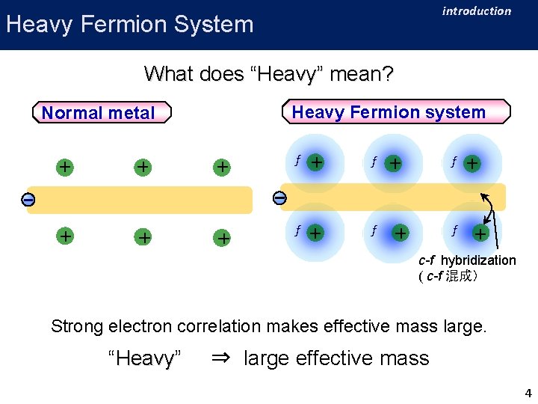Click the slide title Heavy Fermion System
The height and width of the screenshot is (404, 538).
129,24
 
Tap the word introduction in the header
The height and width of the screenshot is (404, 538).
476,11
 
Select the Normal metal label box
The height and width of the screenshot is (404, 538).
98,113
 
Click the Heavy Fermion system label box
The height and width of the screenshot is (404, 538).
389,112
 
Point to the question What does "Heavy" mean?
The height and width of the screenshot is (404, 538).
268,73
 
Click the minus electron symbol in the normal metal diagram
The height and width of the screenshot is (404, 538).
27,200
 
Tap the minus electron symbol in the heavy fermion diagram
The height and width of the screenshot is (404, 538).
279,198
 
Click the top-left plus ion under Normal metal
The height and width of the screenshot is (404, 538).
66,167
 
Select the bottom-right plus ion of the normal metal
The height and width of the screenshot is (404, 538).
222,238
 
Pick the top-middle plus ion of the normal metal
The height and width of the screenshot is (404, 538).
142,167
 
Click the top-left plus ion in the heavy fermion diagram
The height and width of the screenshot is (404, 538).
317,161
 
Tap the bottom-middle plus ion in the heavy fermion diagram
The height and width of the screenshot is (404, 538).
401,233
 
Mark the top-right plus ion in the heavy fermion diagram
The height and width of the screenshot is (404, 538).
472,162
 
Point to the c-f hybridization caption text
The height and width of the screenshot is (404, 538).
467,260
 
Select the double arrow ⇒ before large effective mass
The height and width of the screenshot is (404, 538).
220,358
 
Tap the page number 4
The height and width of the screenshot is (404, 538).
528,394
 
